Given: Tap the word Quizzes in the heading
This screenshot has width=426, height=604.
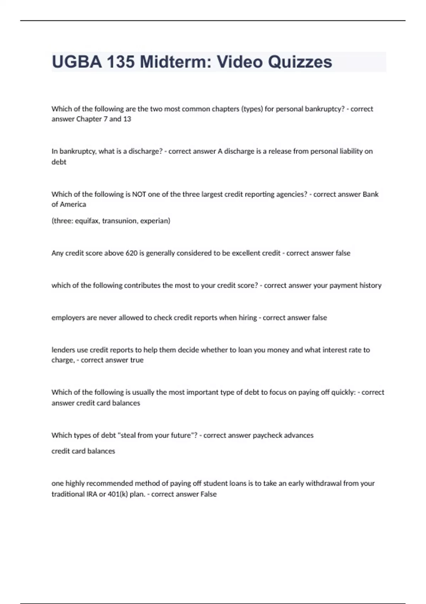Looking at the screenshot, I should point(300,62).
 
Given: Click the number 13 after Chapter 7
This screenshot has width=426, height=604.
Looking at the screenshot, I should point(127,119).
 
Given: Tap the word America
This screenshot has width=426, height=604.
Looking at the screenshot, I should point(73,204).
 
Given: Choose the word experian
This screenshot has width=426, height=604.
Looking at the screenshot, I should point(155,221).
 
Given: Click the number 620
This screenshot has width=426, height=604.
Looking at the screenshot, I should point(131,253).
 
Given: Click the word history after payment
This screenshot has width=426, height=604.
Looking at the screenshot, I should point(370,285).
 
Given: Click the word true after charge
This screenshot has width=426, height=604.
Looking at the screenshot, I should point(137,360).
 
